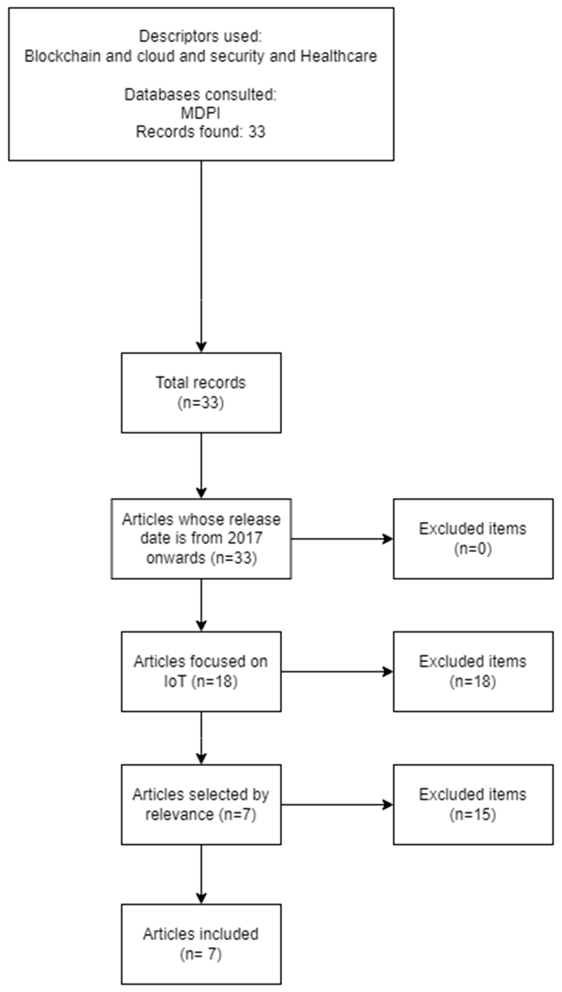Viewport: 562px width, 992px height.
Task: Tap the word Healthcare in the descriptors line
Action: (338, 56)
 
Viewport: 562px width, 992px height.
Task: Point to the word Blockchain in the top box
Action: (62, 56)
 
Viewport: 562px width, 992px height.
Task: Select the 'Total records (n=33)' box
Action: (201, 392)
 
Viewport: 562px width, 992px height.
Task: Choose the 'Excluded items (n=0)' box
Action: (473, 539)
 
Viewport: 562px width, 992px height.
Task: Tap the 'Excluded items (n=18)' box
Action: (473, 671)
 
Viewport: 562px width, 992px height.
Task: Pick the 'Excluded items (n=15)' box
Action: (473, 804)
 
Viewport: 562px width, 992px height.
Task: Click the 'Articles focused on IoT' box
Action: (201, 671)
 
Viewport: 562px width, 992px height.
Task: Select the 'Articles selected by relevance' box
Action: (201, 804)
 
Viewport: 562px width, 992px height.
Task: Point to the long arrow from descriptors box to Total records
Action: (201, 255)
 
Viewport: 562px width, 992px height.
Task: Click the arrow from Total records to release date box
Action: (201, 465)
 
